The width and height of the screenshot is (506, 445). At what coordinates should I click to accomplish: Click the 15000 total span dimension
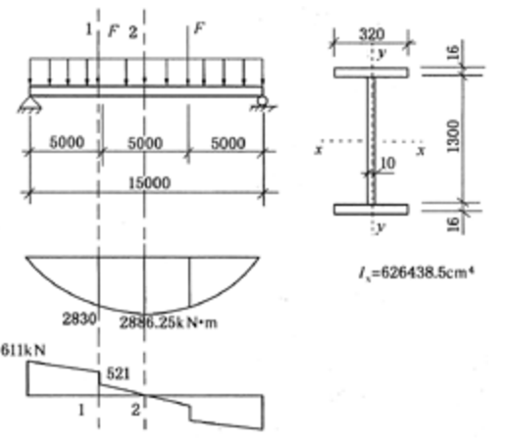tap(149, 183)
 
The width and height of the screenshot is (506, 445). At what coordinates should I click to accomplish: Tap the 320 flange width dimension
tap(372, 34)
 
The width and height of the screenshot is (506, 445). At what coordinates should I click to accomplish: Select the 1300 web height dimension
tap(454, 136)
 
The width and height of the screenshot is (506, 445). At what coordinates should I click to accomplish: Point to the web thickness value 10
tap(388, 163)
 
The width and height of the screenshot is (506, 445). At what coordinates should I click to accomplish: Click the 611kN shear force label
tap(23, 350)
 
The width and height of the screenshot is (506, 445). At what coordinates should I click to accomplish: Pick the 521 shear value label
tap(119, 373)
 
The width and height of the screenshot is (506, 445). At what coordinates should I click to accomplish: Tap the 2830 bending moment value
tap(79, 319)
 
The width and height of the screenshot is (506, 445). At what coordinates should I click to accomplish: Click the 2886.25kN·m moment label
tap(168, 322)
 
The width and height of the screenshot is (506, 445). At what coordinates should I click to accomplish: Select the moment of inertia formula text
tap(416, 272)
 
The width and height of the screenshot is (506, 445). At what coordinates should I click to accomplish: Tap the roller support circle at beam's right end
tap(262, 101)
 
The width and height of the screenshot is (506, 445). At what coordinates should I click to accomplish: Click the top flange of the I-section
tap(371, 73)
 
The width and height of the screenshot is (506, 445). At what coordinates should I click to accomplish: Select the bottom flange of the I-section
tap(371, 210)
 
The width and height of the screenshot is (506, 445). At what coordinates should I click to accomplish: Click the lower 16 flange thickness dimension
tap(453, 224)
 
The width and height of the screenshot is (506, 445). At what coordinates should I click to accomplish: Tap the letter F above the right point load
tap(199, 28)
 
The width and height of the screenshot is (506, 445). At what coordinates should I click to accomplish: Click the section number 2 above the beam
tap(133, 32)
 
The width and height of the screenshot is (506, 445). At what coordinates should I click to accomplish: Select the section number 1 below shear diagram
tap(81, 410)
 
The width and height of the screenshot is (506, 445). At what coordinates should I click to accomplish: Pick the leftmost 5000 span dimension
tap(67, 142)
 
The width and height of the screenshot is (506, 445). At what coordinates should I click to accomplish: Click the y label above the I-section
tap(381, 53)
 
